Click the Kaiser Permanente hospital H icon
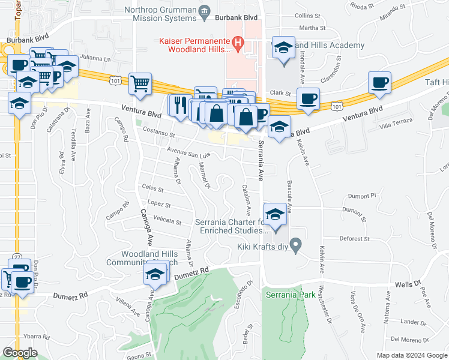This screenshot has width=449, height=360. pos(237,43)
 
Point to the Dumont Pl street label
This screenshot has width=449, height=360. pos(362,196)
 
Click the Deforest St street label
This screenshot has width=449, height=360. pos(354,239)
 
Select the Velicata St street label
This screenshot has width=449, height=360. pos(167,220)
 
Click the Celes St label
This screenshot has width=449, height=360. pos(153,189)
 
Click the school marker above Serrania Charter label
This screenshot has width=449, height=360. pos(274,214)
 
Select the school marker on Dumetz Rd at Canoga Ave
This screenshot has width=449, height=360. pos(154,275)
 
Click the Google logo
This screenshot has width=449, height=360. pos(20,353)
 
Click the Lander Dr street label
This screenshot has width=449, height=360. pos(413,322)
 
